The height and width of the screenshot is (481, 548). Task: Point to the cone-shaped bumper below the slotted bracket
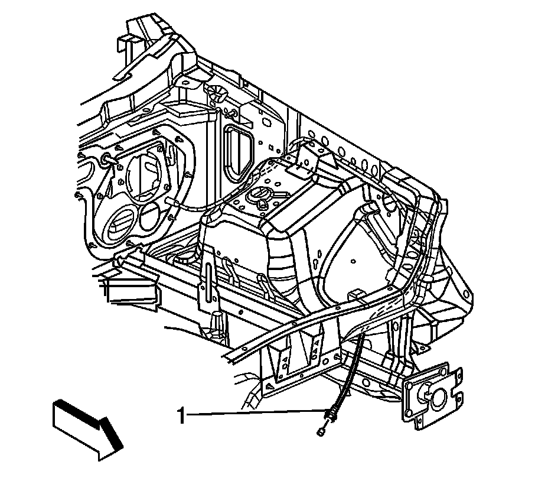(216, 322)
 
